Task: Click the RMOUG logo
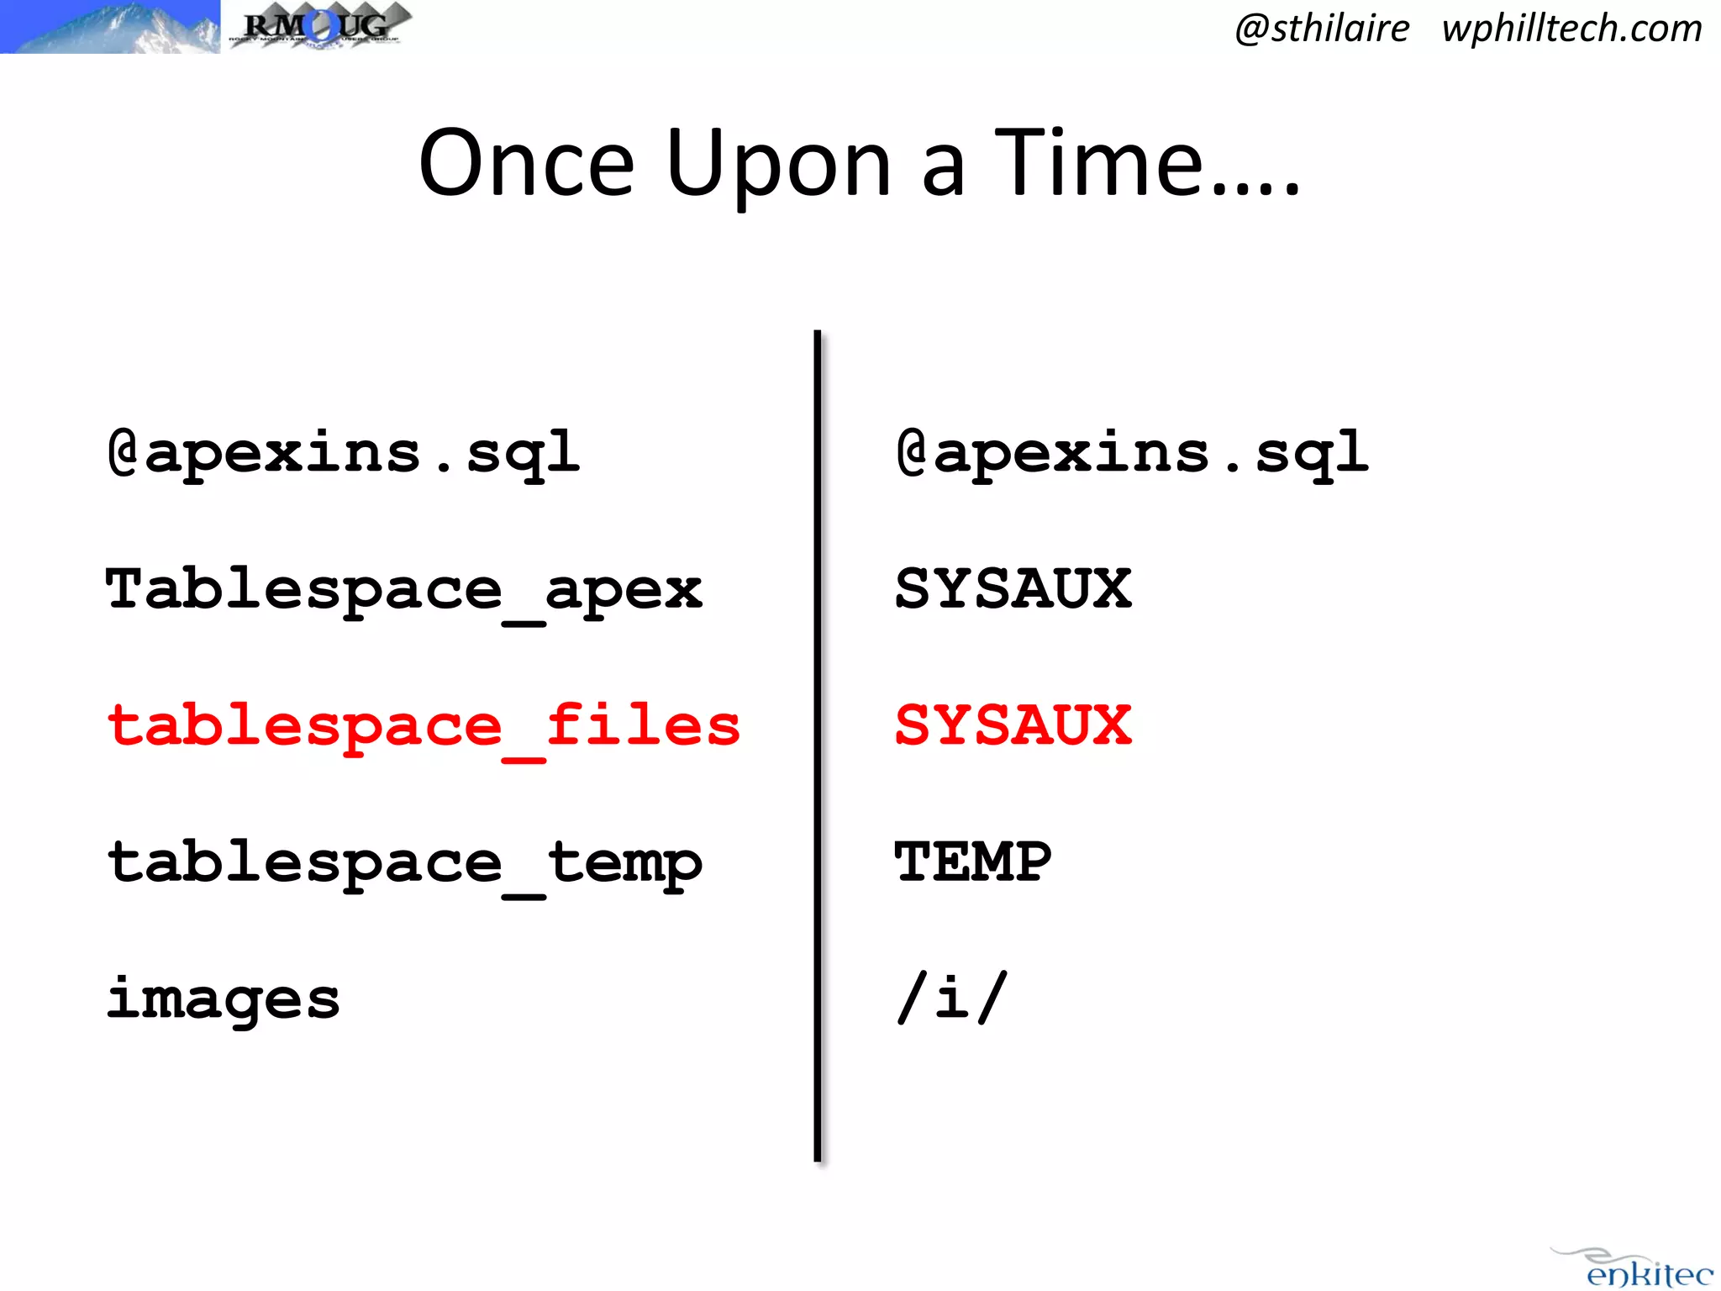[319, 25]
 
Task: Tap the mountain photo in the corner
[109, 27]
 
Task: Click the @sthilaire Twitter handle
[1322, 29]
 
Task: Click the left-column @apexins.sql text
[343, 454]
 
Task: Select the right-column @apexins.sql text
[1131, 454]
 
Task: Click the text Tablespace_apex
[403, 590]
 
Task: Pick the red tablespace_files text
[423, 726]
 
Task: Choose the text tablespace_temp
[403, 864]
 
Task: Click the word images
[223, 1000]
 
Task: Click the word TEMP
[972, 862]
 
